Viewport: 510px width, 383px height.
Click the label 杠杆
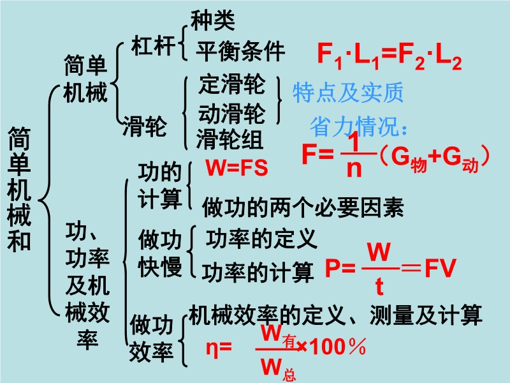[153, 45]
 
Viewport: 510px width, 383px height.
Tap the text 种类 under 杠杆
[213, 20]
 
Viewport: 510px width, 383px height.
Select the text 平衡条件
[240, 51]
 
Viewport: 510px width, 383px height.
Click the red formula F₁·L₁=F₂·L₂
[390, 56]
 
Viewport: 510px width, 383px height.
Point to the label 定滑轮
[232, 84]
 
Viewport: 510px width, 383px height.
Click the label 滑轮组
[229, 139]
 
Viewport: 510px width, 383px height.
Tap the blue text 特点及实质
[348, 93]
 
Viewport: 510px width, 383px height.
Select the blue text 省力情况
[354, 126]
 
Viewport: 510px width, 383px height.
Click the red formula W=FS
[237, 168]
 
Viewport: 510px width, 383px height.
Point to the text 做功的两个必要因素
[303, 207]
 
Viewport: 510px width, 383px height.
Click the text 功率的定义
[261, 239]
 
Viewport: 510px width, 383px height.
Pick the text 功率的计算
[258, 272]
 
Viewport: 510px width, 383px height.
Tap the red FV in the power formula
[441, 268]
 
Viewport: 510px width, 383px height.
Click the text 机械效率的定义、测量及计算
[335, 315]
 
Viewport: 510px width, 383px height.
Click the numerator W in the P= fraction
[379, 252]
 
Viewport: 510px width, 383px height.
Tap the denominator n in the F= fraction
[354, 168]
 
